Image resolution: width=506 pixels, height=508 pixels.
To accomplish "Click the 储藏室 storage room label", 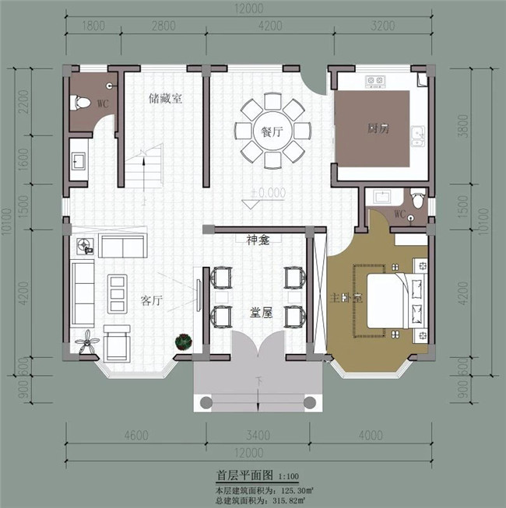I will pyautogui.click(x=165, y=99).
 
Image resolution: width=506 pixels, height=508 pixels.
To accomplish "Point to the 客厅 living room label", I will pyautogui.click(x=151, y=300).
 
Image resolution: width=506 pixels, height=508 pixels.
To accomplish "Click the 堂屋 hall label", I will pyautogui.click(x=260, y=312).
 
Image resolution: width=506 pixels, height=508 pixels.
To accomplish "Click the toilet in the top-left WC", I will pyautogui.click(x=80, y=102).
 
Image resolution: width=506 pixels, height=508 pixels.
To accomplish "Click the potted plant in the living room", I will pyautogui.click(x=184, y=341).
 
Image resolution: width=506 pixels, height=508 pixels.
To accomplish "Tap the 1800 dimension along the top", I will pyautogui.click(x=93, y=26).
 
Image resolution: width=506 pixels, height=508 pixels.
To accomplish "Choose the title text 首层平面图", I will pyautogui.click(x=244, y=475).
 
